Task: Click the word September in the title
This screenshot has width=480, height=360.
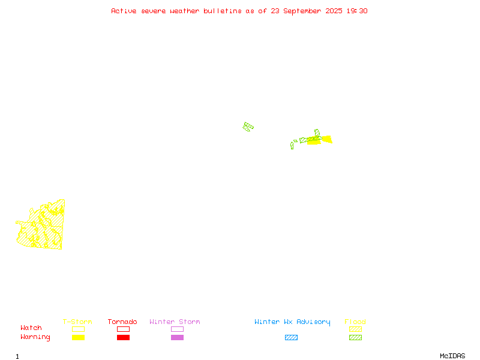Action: coord(302,11)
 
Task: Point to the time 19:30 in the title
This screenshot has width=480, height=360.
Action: coord(357,11)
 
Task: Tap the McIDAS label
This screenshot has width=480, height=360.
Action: coord(452,356)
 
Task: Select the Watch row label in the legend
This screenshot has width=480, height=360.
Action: coord(31,328)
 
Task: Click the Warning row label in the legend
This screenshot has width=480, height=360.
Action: coord(35,337)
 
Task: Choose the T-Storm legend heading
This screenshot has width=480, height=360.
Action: coord(77,322)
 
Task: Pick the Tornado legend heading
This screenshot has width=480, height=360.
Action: coord(122,322)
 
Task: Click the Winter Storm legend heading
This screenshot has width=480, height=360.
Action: coord(175,322)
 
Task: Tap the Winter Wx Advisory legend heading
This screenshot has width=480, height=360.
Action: coord(292,322)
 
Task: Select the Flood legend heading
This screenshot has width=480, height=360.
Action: coord(355,322)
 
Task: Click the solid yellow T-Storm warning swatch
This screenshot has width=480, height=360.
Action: coord(79,337)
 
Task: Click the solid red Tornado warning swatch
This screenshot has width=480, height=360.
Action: coord(124,337)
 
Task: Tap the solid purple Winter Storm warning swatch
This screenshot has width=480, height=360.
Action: coord(177,337)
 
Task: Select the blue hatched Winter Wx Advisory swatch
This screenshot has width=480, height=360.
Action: coord(291,337)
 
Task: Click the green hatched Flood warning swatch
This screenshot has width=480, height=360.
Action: coord(355,337)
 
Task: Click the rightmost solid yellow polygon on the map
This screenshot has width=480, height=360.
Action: coord(327,139)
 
